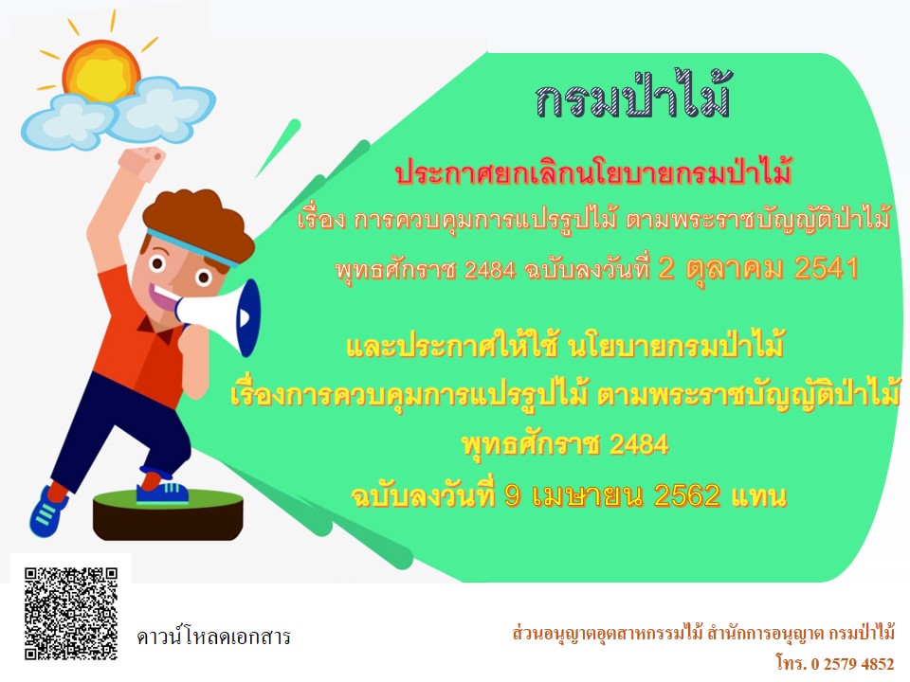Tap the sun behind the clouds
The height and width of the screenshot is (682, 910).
click(101, 68)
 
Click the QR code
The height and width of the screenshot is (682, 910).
click(71, 614)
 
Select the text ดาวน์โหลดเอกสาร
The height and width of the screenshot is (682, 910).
click(213, 637)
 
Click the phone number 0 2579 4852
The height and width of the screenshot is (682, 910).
click(852, 663)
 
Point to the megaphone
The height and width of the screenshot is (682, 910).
click(219, 317)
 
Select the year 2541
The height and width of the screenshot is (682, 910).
click(827, 268)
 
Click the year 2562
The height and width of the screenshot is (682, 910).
click(687, 495)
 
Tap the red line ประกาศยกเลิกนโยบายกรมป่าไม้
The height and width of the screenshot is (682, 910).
click(593, 172)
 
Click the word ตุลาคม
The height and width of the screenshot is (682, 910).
click(734, 269)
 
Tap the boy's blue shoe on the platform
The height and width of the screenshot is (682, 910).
click(162, 493)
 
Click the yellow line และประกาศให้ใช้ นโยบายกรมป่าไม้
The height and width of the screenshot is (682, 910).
click(565, 345)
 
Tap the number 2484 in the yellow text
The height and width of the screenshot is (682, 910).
click(638, 445)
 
